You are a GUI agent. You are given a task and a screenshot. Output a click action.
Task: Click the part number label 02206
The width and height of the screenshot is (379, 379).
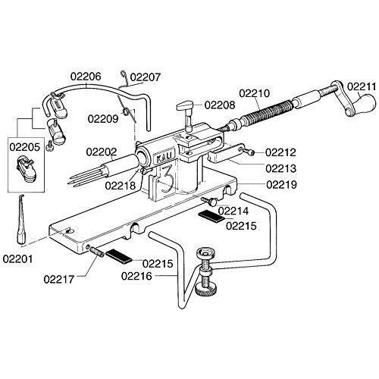(x=86, y=77)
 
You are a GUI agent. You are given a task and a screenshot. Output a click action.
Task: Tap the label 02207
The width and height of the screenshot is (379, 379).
(x=146, y=77)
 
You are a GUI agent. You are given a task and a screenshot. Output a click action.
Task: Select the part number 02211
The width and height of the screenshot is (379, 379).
(x=362, y=86)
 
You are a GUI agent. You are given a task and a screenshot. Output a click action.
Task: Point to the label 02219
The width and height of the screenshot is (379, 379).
(x=281, y=185)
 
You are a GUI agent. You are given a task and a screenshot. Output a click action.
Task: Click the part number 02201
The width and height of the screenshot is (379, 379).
(x=17, y=259)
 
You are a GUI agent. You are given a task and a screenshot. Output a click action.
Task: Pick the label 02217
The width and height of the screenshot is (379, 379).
(x=59, y=279)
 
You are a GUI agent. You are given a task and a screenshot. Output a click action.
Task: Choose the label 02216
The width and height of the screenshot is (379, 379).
(x=136, y=276)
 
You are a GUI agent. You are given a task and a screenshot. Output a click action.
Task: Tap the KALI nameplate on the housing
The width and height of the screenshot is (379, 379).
(x=164, y=158)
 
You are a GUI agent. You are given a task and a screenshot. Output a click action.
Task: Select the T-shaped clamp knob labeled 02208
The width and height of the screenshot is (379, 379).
(x=186, y=114)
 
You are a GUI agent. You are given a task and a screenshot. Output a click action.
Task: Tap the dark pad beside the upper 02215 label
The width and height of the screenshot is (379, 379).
(x=211, y=216)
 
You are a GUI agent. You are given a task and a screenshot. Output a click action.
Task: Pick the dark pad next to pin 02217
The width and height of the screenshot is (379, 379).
(x=118, y=256)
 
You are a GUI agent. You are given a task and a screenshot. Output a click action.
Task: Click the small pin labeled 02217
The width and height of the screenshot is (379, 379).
(x=97, y=252)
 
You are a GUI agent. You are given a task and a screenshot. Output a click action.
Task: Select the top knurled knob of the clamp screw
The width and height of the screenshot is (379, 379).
(x=206, y=254)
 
